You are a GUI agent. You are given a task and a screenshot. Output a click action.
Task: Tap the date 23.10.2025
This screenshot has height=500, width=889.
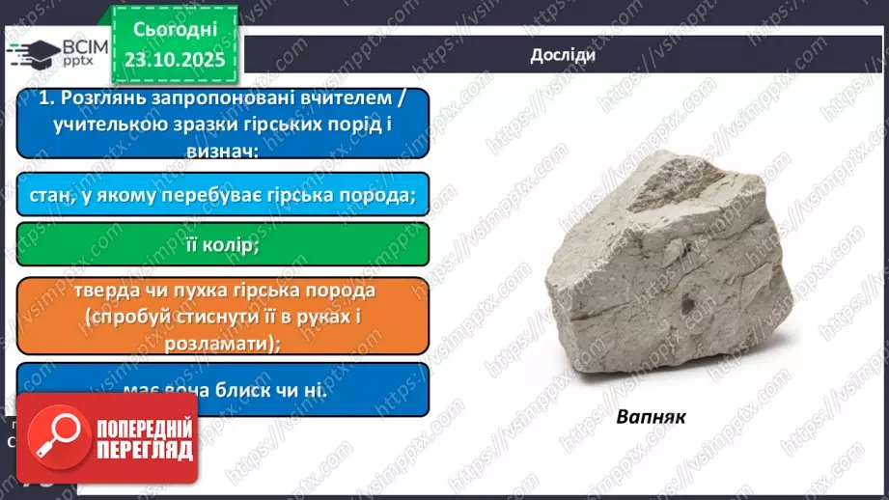177,60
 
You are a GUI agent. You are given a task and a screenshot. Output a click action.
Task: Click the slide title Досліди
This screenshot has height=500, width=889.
562,55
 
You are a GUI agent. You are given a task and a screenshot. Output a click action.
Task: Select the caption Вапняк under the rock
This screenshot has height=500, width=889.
651,417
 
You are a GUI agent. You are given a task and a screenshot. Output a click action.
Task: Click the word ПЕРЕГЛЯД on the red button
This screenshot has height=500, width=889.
144,449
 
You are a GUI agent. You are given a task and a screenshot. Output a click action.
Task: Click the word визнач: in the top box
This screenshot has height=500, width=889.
222,148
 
